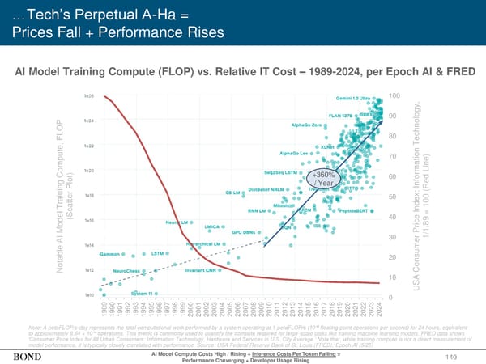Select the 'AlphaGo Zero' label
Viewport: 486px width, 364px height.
[x=306, y=125]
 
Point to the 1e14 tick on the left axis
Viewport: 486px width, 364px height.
[x=90, y=245]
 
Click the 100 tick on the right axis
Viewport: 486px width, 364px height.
[x=394, y=96]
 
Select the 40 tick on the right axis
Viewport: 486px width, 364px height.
[x=392, y=216]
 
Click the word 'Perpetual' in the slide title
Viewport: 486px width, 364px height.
[x=95, y=12]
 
